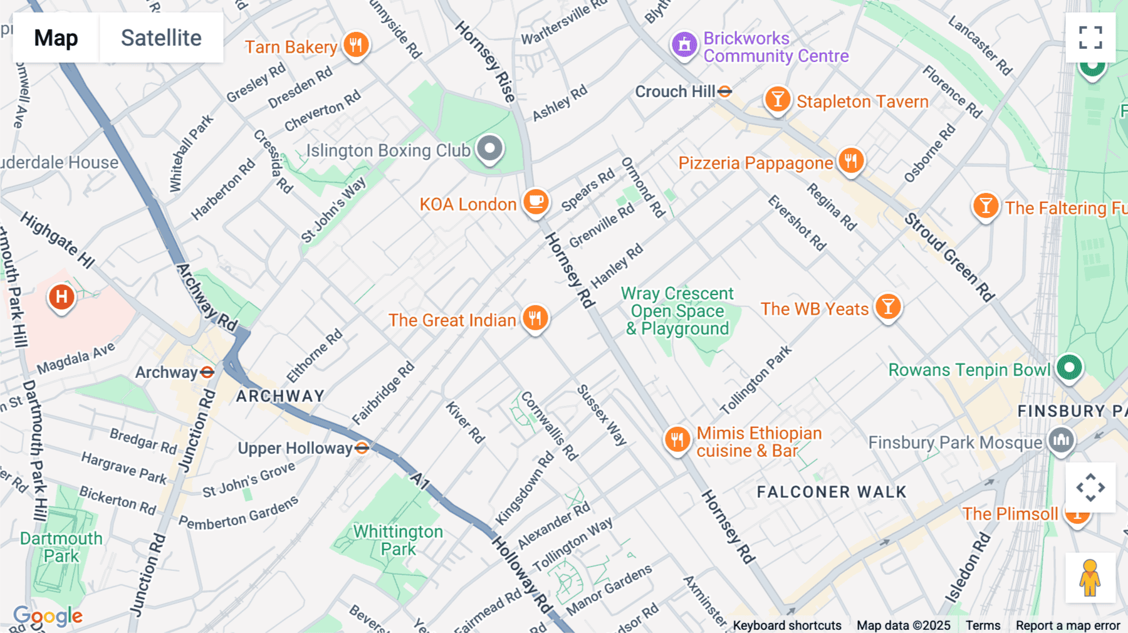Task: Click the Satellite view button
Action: (x=161, y=38)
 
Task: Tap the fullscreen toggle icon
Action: (x=1090, y=38)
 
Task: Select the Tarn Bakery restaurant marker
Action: (x=356, y=45)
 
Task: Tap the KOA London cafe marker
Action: (x=536, y=202)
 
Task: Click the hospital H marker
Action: (x=61, y=297)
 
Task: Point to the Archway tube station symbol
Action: (x=207, y=372)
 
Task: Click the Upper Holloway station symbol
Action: (x=362, y=447)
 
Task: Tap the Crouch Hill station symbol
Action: (x=725, y=92)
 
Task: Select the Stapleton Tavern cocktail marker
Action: (x=777, y=100)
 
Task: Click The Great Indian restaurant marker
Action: (x=535, y=318)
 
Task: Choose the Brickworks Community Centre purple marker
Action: (x=684, y=45)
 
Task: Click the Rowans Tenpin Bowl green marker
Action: (x=1069, y=367)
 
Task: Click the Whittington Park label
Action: (x=398, y=540)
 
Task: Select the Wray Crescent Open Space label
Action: (x=677, y=311)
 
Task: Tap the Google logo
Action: (x=48, y=616)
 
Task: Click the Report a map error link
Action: (x=1068, y=625)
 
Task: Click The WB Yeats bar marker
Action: (x=888, y=307)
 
